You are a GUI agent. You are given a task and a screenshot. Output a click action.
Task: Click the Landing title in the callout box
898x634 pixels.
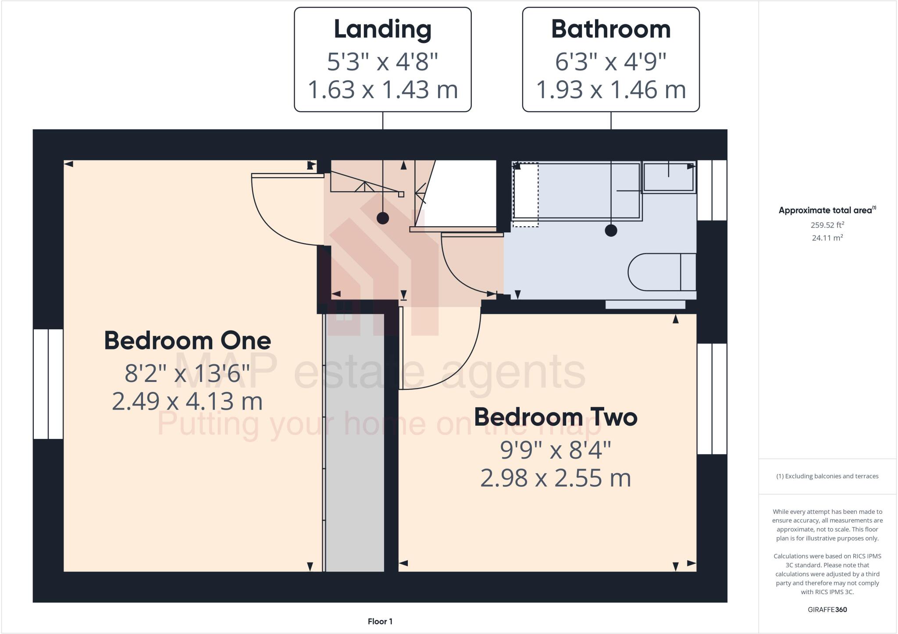(382, 29)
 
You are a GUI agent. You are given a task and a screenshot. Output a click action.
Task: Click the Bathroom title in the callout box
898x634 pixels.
(610, 29)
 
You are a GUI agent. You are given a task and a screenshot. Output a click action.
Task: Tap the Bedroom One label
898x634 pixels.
(187, 340)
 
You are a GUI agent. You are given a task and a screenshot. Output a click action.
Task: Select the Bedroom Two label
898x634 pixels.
(555, 417)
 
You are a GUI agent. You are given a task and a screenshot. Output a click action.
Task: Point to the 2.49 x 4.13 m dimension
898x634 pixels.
(187, 401)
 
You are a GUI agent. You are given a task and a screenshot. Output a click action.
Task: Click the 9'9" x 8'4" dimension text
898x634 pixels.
(555, 450)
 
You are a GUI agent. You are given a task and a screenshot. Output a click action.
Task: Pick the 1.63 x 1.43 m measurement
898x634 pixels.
(382, 89)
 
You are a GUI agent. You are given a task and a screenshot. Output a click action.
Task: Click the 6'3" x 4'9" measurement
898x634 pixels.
(610, 61)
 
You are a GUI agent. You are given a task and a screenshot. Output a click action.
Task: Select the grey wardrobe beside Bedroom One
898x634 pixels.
(355, 443)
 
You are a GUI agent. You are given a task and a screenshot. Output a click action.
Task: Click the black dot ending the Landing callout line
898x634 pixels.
(383, 218)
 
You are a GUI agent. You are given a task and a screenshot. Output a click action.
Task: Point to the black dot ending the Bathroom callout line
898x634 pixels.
(611, 230)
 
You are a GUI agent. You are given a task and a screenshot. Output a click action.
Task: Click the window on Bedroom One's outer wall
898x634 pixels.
(48, 384)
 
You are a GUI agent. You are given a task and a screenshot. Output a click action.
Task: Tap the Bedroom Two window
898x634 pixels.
(712, 399)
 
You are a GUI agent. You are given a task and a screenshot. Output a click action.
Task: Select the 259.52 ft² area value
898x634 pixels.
(827, 225)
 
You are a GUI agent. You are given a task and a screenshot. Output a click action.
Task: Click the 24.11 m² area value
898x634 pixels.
(827, 238)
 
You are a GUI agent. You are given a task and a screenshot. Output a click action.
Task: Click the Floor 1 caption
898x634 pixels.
(380, 621)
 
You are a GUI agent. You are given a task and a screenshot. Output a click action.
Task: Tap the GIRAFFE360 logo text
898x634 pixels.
(827, 609)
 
